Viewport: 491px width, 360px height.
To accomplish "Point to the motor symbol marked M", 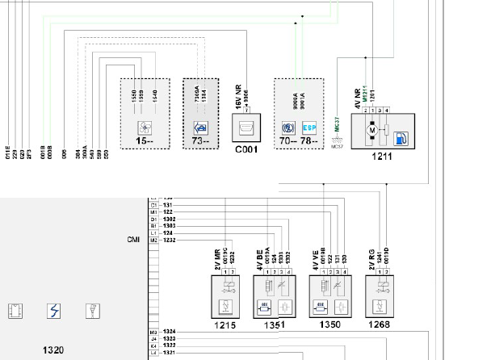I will tap(372, 129).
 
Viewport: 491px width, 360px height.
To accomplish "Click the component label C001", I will tap(245, 150).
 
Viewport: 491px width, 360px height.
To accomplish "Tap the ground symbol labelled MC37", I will tap(337, 137).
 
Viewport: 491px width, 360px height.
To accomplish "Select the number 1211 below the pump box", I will tap(382, 156).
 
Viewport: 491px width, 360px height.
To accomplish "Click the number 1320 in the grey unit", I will tap(54, 350).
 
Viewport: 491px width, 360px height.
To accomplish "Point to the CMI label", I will tap(134, 240).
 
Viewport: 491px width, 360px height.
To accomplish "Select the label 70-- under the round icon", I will tap(287, 142).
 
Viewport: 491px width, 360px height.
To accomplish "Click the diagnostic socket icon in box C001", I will tap(245, 127).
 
